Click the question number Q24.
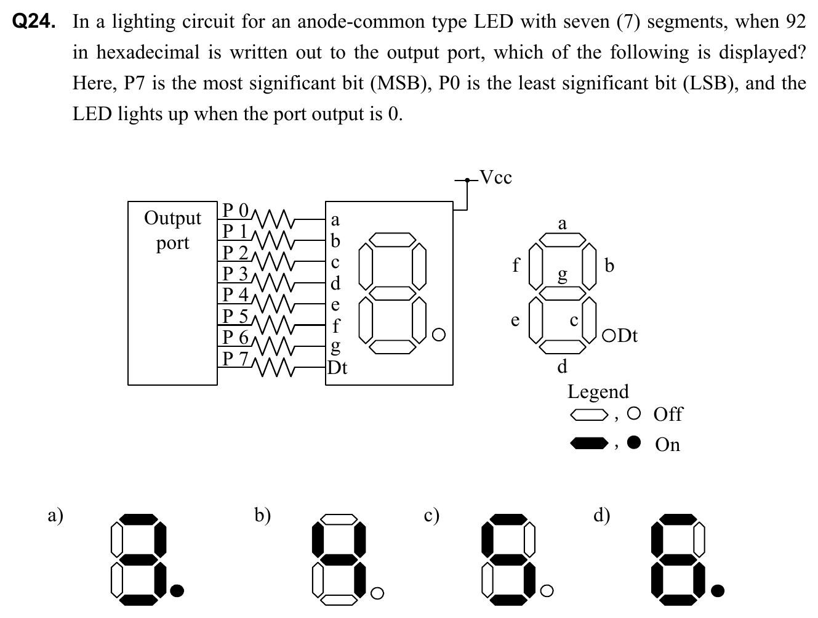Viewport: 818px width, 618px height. (34, 23)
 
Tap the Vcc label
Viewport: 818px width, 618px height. (495, 178)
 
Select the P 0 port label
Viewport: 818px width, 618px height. (235, 210)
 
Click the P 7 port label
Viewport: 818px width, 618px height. (235, 358)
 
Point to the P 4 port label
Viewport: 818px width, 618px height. (235, 295)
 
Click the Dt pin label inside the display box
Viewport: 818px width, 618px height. (337, 368)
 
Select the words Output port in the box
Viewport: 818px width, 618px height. (172, 230)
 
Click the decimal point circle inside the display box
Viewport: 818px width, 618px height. (438, 335)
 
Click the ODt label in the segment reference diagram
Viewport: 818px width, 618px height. (620, 336)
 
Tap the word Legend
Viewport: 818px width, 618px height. (598, 391)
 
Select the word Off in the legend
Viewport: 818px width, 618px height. (668, 414)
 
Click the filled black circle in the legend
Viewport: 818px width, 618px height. (635, 442)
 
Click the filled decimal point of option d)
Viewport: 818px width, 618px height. (717, 591)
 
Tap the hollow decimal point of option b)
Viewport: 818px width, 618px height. (378, 592)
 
